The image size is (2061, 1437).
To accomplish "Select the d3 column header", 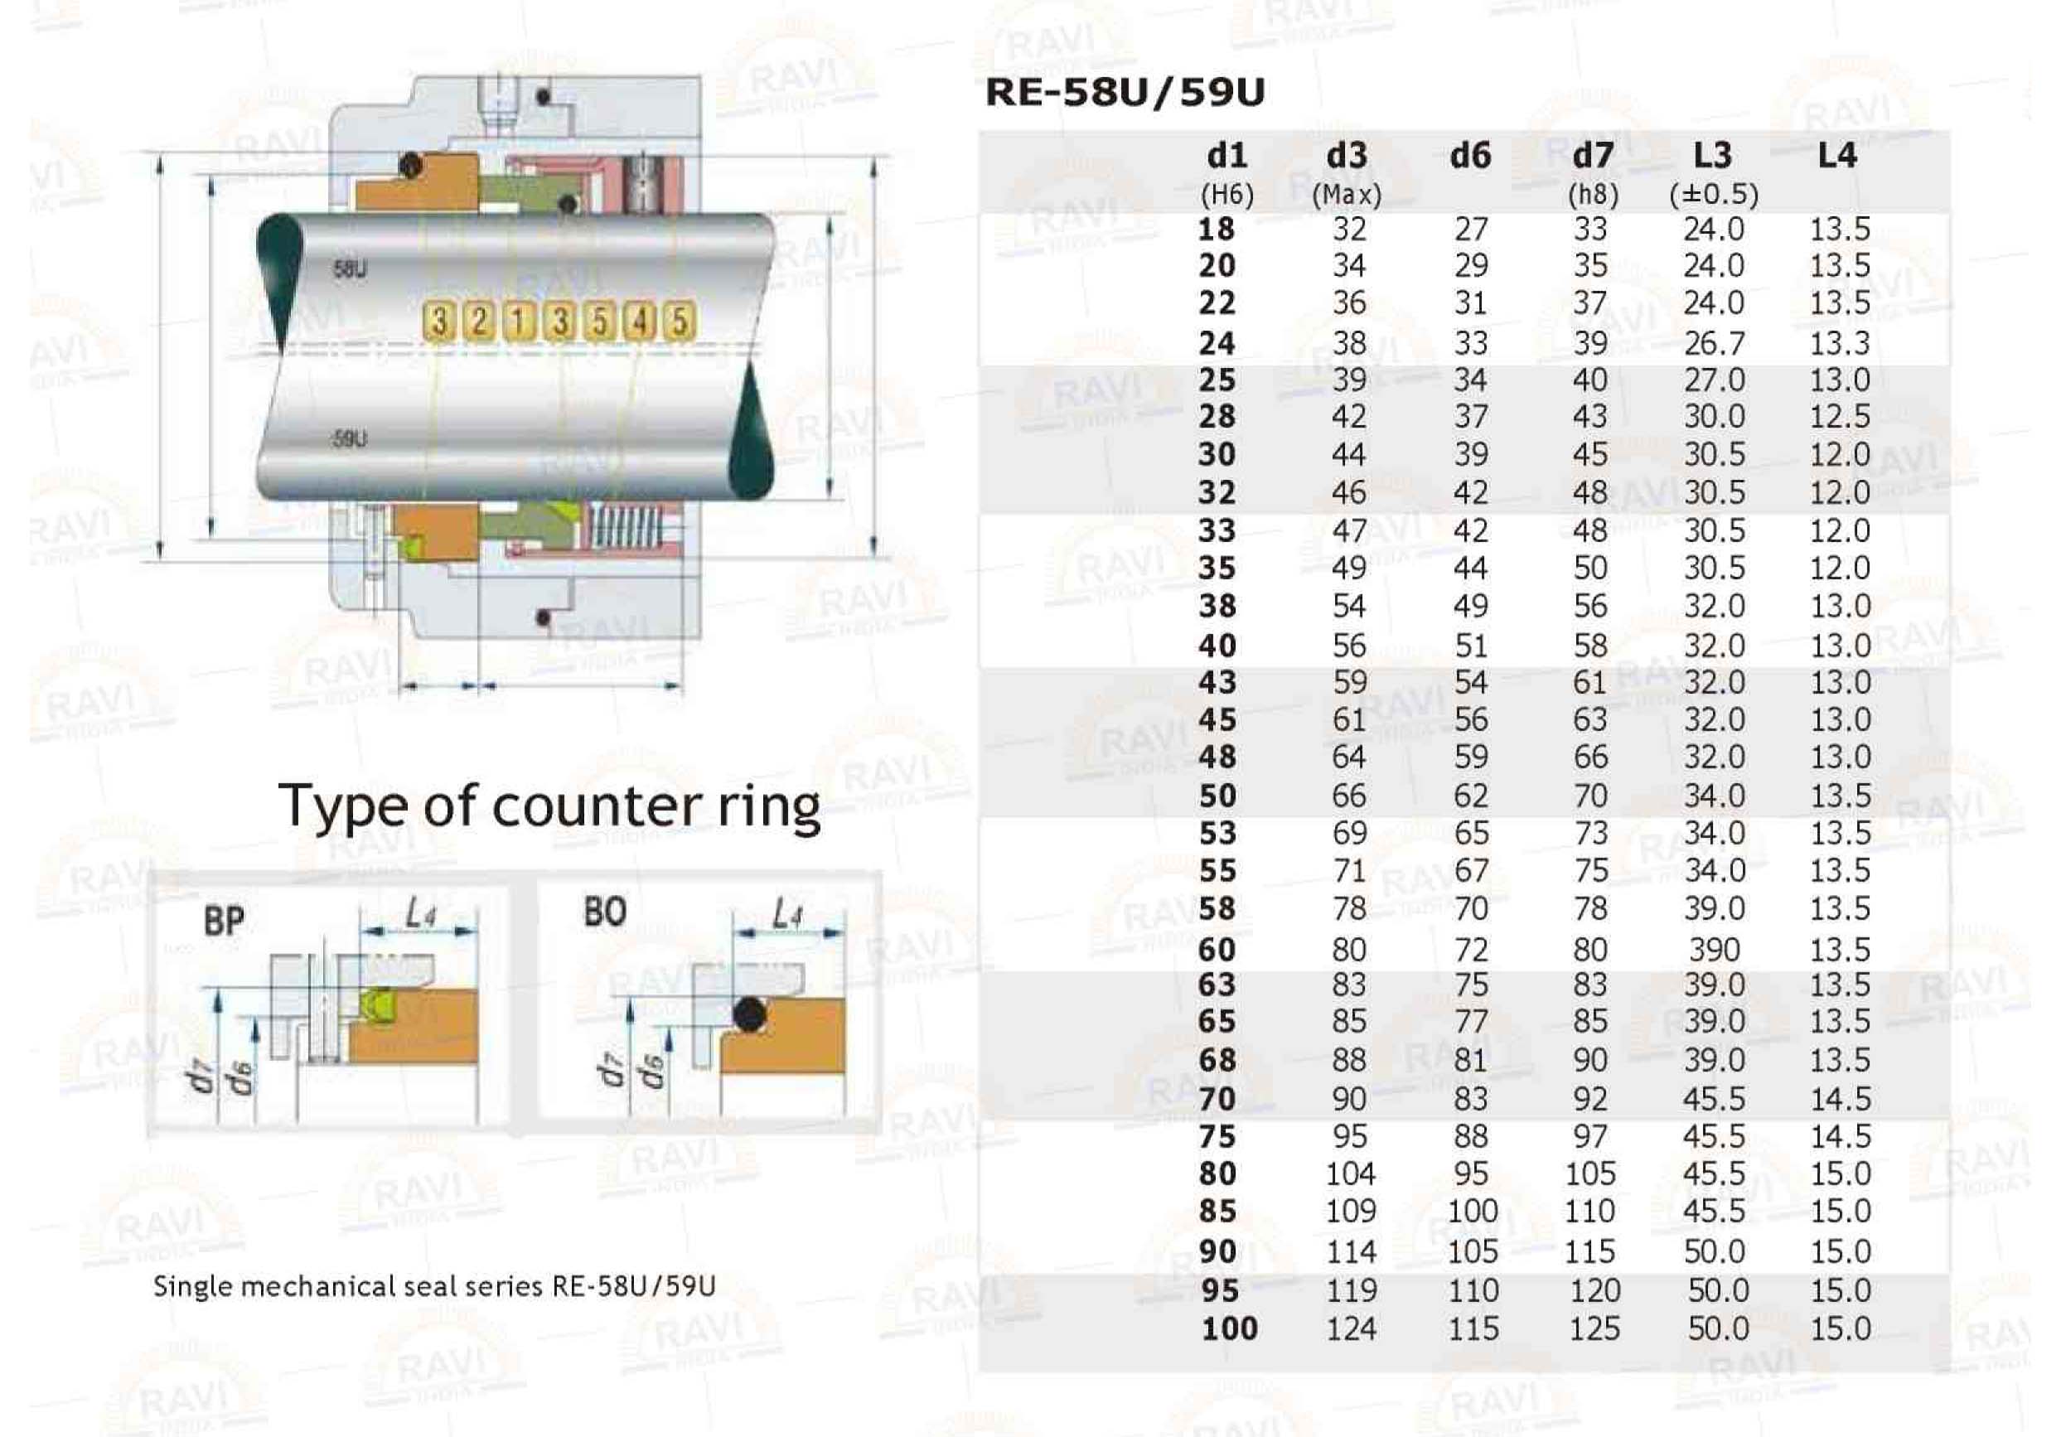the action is coord(1347,156).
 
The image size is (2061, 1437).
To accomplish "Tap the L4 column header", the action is coord(1836,156).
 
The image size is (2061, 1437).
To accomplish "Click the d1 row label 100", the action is coord(1229,1328).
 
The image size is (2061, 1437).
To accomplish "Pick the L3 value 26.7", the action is coord(1714,342).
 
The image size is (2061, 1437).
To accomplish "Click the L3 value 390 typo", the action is coord(1714,949).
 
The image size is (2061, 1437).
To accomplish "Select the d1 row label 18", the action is coord(1217,229).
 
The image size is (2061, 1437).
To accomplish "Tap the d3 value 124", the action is coord(1351,1328).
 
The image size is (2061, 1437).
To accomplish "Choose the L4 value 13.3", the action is coord(1839,342).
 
